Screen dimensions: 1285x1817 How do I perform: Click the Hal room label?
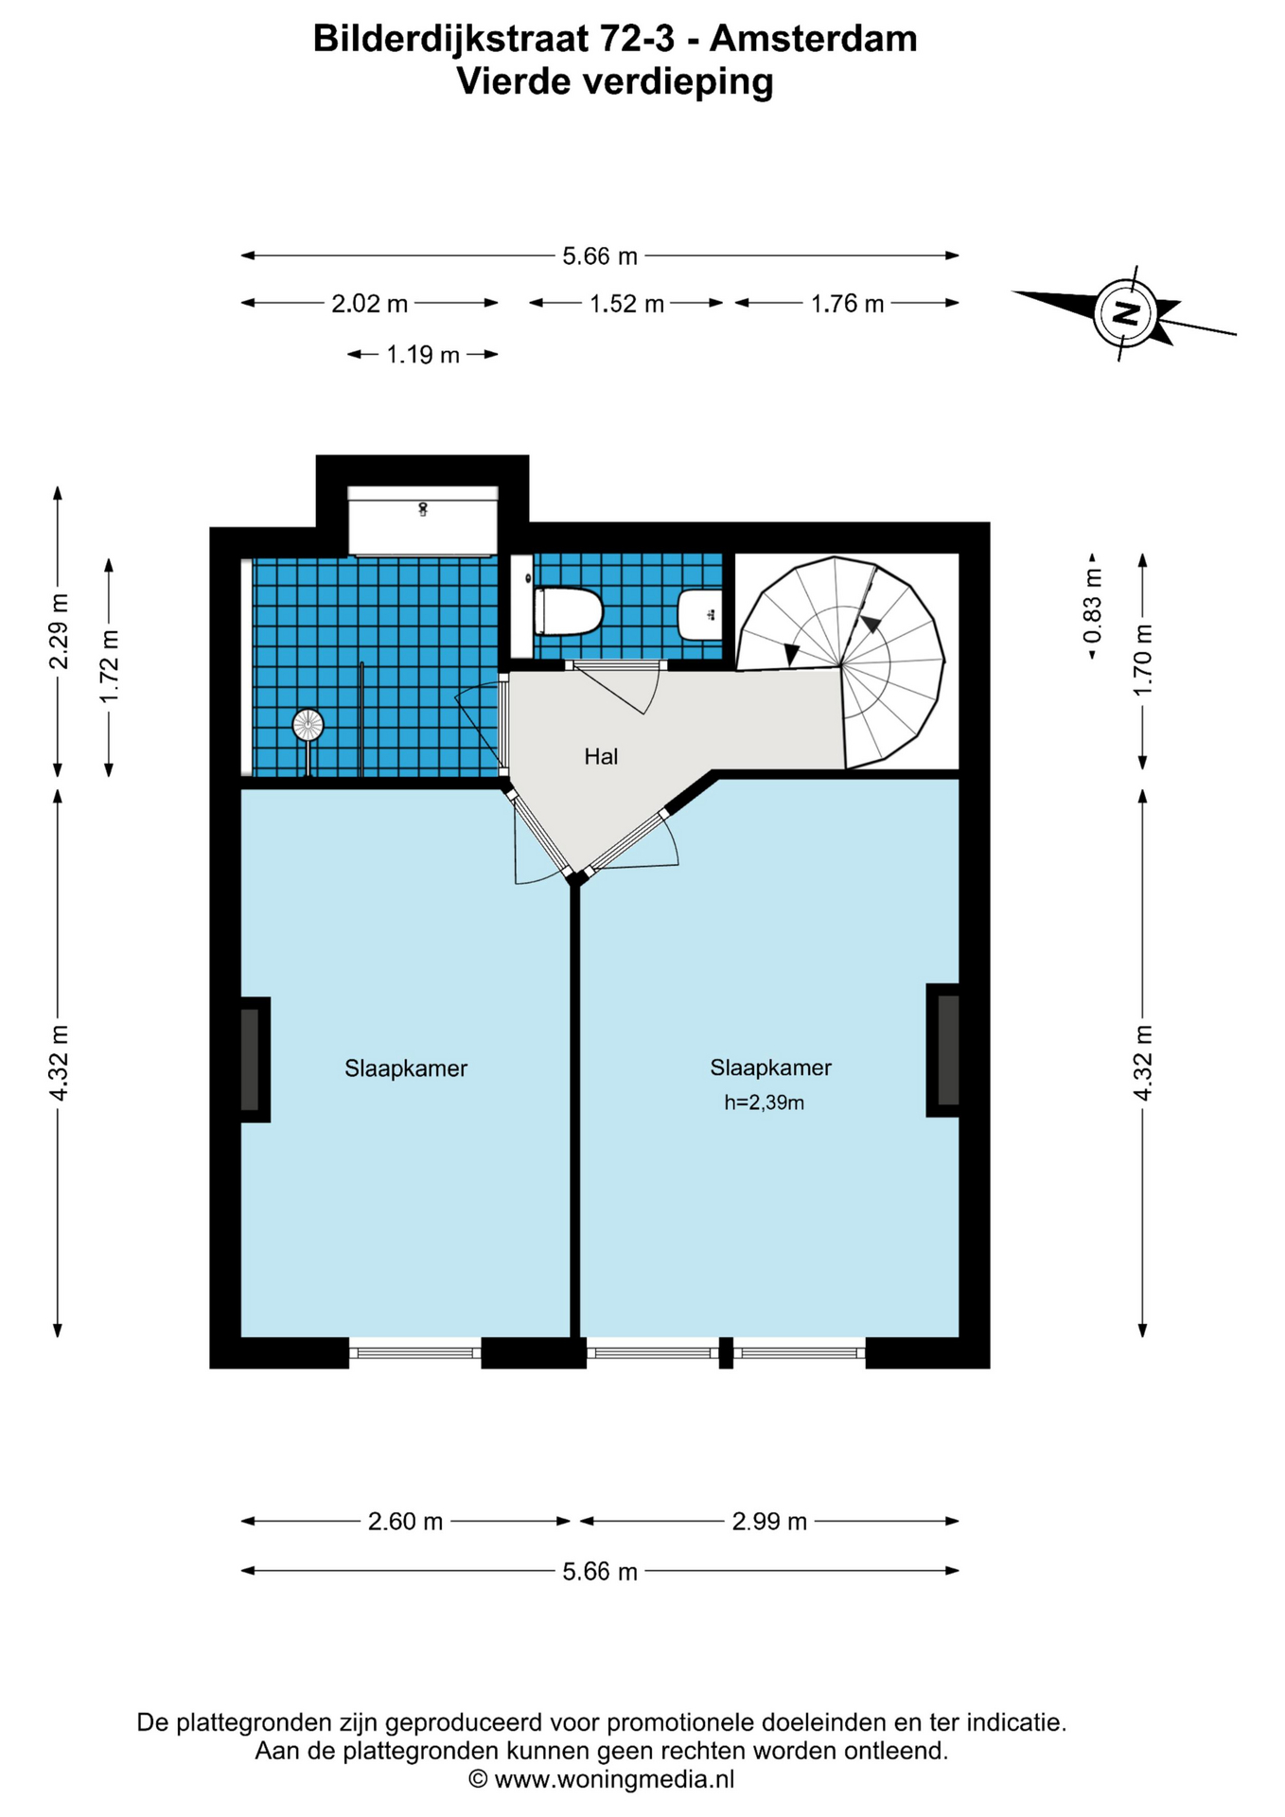click(x=601, y=756)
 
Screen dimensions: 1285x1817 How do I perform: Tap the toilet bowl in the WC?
click(x=569, y=611)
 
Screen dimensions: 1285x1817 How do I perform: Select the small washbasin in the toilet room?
click(x=700, y=615)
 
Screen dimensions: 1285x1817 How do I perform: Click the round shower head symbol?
click(x=308, y=726)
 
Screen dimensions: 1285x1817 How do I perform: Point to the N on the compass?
click(x=1125, y=312)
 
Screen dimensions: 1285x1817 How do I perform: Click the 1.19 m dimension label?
click(x=423, y=355)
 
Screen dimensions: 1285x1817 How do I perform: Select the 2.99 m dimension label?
click(x=769, y=1521)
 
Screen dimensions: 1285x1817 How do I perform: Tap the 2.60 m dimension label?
click(x=405, y=1521)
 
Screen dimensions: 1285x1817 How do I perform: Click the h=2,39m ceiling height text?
click(x=765, y=1103)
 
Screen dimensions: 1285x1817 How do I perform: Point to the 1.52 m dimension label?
click(x=626, y=304)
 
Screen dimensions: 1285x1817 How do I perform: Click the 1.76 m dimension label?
click(x=847, y=304)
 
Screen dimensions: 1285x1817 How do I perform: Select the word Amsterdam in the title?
click(x=813, y=39)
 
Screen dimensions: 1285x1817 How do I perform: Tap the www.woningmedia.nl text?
click(x=614, y=1779)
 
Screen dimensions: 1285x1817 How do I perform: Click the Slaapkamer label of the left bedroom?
click(x=406, y=1068)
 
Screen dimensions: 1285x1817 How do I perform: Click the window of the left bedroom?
click(x=415, y=1353)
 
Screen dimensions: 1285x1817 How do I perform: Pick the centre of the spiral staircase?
click(x=841, y=666)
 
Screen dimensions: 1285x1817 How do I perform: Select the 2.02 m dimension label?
click(x=369, y=304)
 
